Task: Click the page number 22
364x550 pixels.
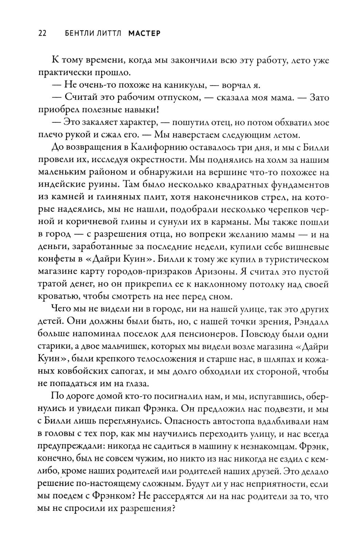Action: (x=41, y=34)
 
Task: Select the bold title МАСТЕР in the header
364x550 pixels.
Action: (x=145, y=34)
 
